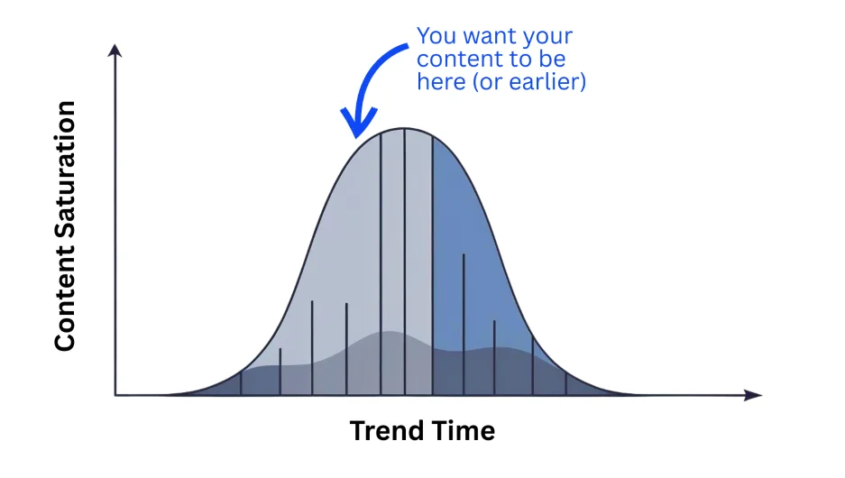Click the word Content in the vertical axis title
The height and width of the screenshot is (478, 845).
pos(65,303)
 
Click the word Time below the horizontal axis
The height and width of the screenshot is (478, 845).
pos(463,431)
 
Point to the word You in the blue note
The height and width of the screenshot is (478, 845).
pos(436,36)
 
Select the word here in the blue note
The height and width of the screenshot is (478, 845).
pos(441,82)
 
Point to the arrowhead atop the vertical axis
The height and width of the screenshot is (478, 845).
pos(115,51)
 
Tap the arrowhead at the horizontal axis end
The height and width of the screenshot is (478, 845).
pos(753,395)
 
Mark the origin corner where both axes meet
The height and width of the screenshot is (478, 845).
pos(115,395)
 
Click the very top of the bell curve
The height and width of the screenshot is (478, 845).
pos(404,128)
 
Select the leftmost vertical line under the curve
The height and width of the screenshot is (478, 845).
pos(241,382)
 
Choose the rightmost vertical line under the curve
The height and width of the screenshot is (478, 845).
pos(565,383)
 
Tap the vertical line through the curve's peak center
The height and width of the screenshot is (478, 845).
pos(405,262)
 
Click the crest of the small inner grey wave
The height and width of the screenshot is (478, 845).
pos(389,331)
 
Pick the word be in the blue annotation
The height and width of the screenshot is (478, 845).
pos(553,59)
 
